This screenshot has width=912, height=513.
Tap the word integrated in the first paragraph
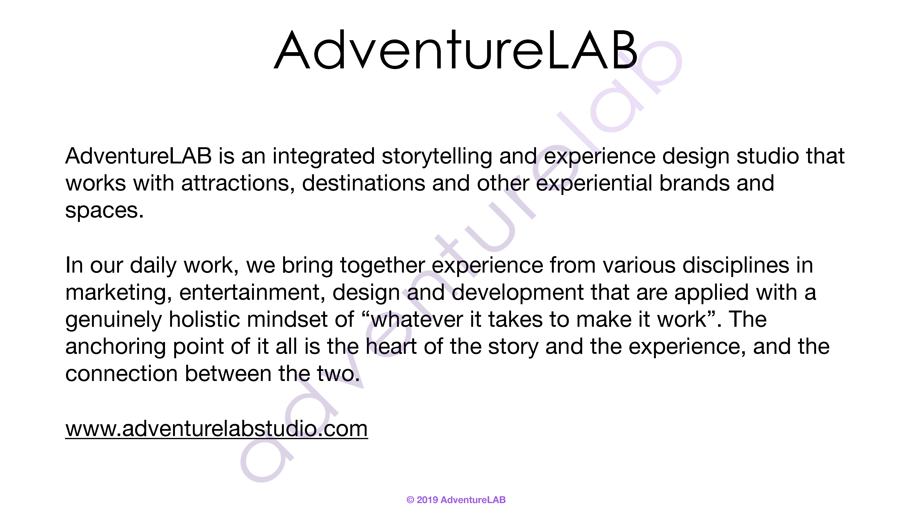[323, 156]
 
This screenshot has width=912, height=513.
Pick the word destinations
[363, 184]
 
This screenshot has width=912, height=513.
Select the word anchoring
[115, 347]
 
